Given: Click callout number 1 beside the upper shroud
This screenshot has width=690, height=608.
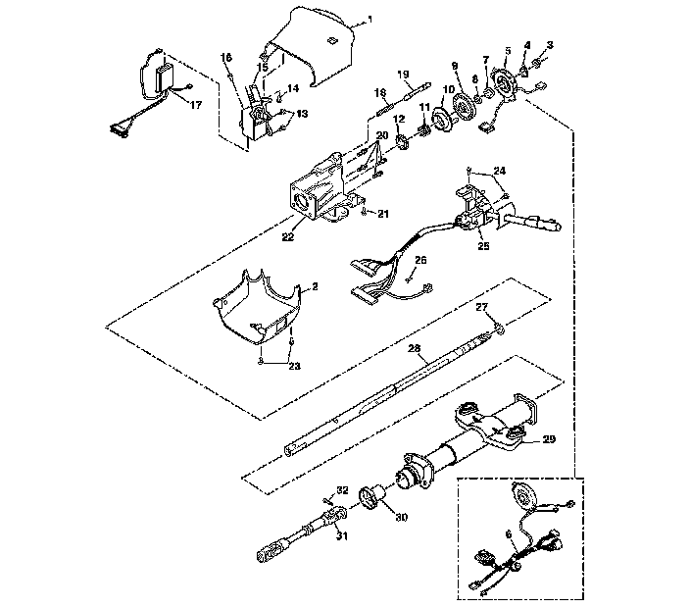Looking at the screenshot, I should [370, 20].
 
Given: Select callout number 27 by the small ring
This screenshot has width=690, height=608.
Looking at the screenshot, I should [481, 307].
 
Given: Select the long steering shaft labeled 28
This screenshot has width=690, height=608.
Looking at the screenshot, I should [392, 392].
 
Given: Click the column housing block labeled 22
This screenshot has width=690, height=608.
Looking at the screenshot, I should [314, 191].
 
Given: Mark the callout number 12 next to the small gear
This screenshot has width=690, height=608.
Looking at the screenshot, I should [400, 119].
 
